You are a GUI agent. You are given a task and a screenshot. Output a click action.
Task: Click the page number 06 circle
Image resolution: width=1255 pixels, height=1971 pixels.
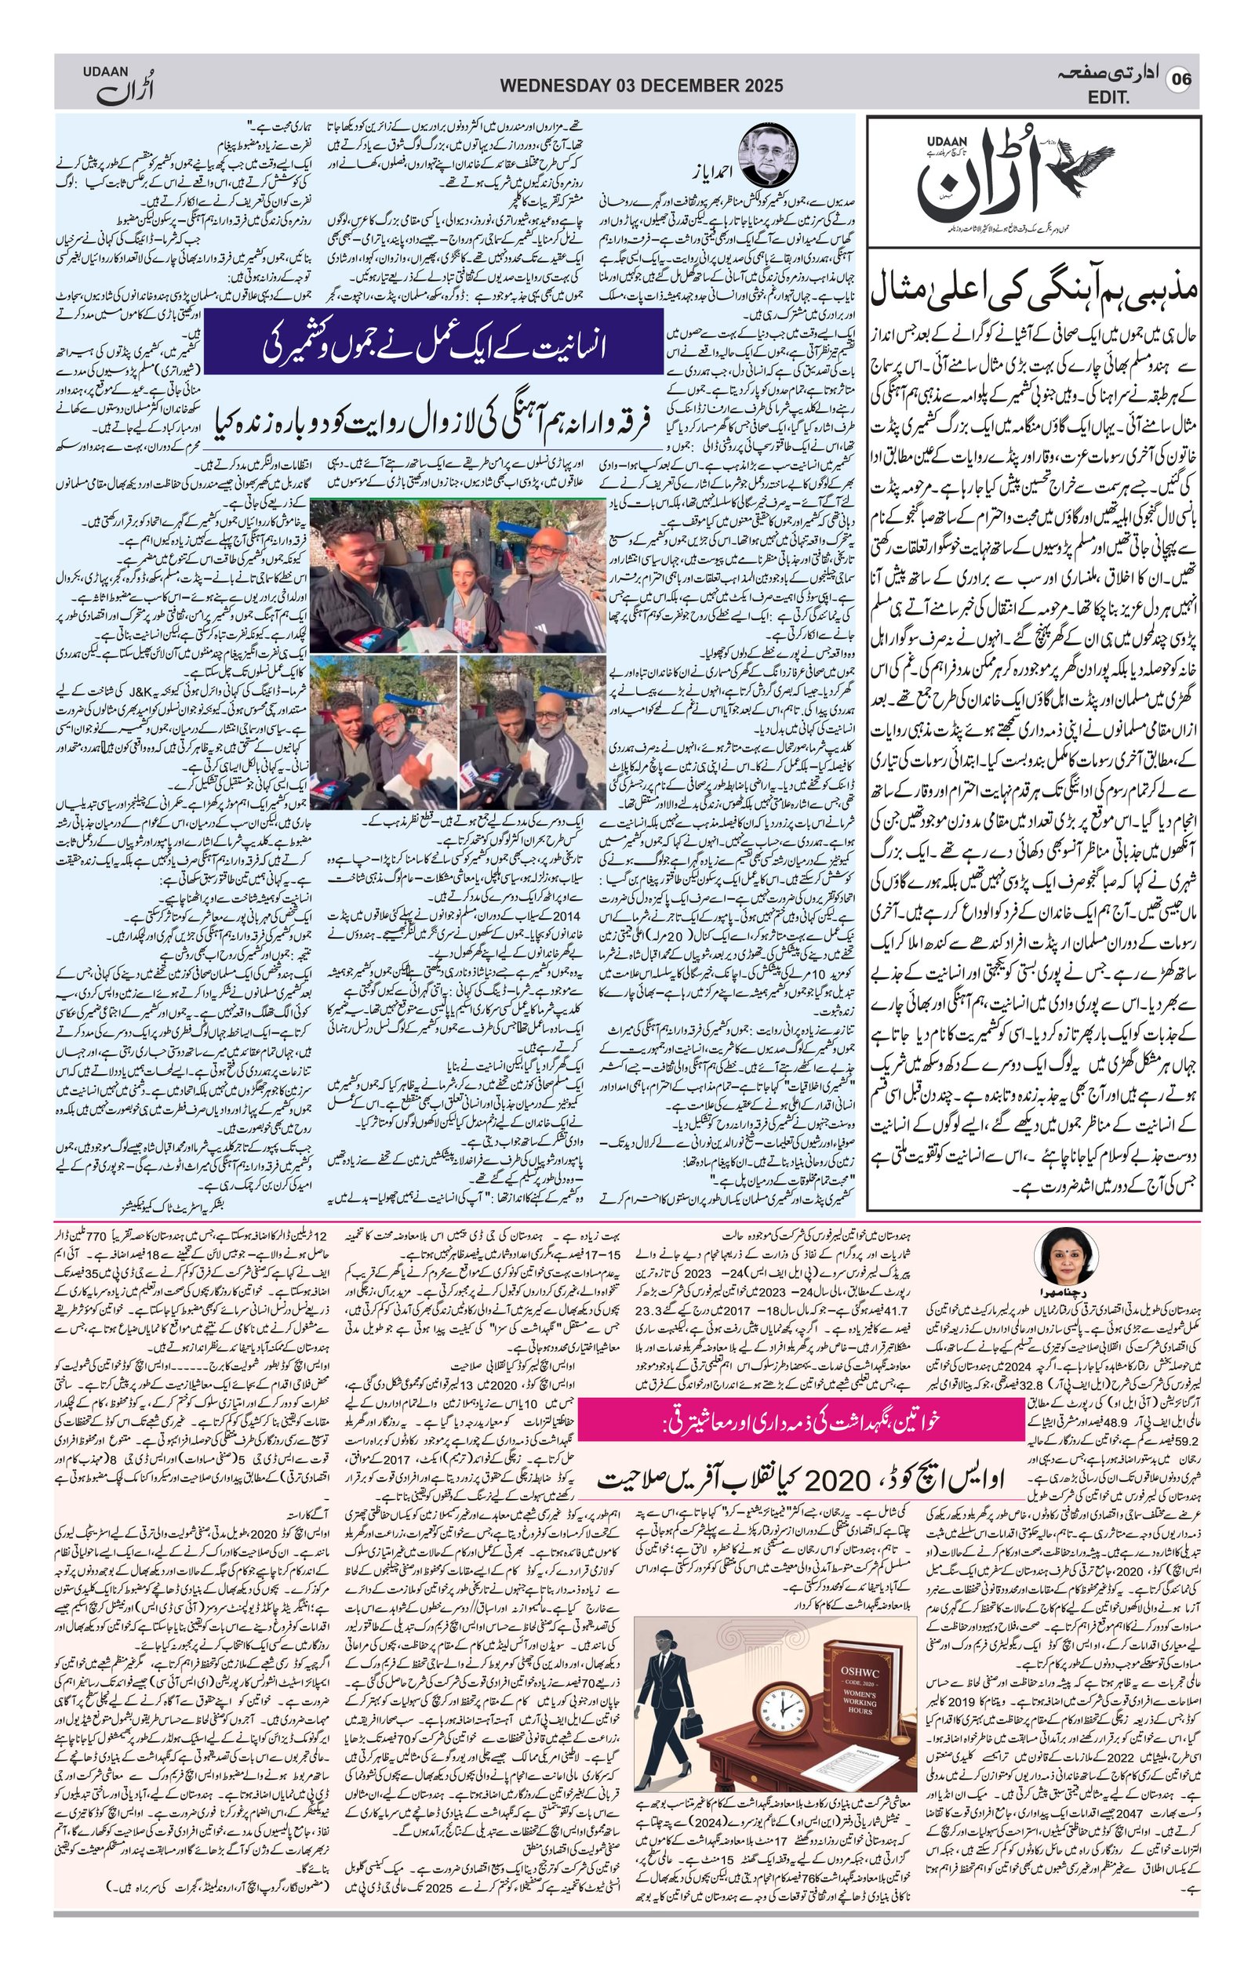pos(1181,80)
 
